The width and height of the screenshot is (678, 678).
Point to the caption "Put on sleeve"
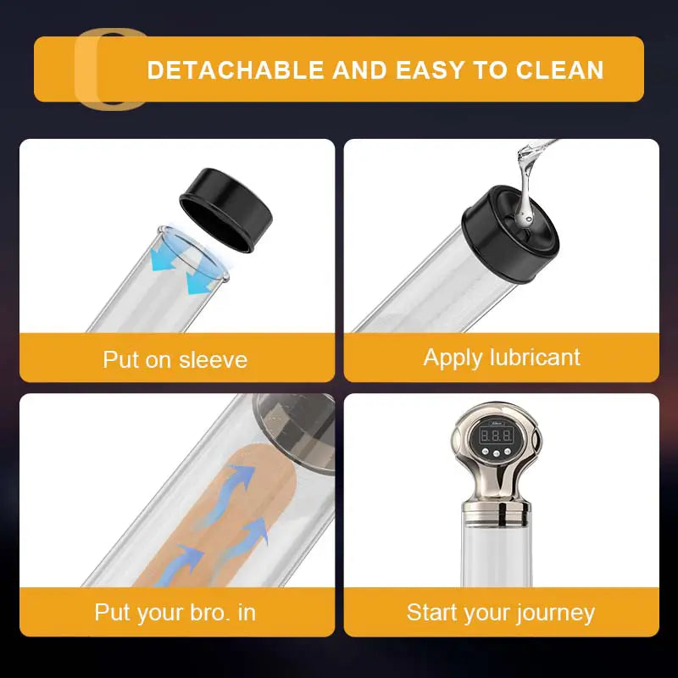[x=175, y=359]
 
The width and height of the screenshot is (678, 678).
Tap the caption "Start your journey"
[x=501, y=612]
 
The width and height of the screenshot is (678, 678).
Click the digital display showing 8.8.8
[x=496, y=435]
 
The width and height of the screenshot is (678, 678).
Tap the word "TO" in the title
[x=489, y=69]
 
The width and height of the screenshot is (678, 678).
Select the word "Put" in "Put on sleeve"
[x=119, y=359]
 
